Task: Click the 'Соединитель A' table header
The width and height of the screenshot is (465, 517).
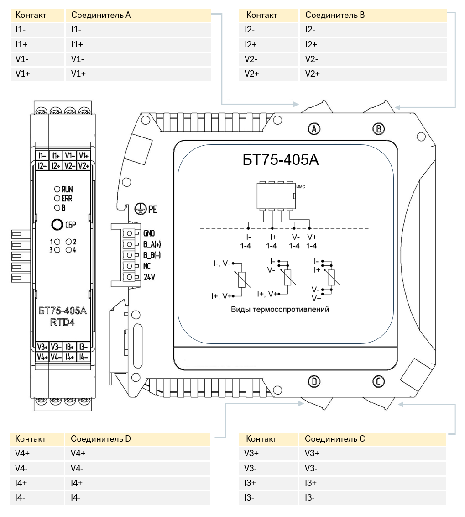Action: (101, 15)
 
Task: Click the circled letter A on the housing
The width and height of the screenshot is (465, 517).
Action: (314, 129)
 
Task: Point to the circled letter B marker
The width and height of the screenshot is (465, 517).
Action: (378, 129)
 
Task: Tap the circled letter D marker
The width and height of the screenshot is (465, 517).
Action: (314, 381)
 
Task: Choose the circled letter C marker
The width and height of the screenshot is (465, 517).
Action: (378, 381)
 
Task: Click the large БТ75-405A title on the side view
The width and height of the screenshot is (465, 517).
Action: (281, 160)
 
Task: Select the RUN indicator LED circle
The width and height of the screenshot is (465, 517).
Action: (57, 189)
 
